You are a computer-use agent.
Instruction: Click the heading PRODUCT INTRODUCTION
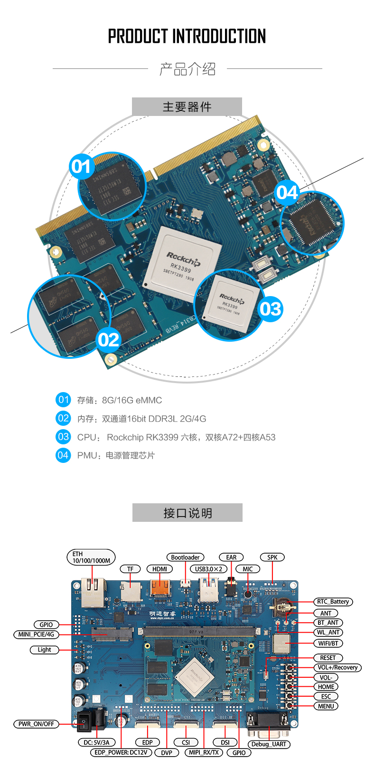(x=187, y=37)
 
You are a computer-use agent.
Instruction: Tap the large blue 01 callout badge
(x=81, y=166)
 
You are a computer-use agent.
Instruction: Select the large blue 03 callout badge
(x=270, y=309)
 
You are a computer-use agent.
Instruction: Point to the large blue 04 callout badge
(x=287, y=192)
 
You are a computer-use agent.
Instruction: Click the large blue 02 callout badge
(x=109, y=340)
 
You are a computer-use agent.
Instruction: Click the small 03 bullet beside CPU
(x=63, y=437)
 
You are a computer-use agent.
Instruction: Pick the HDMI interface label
(x=160, y=569)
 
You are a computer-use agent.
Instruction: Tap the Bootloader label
(x=185, y=557)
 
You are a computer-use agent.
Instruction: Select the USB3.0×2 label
(x=209, y=569)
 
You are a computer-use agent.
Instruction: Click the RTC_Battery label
(x=333, y=602)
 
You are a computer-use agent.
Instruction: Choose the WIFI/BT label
(x=328, y=644)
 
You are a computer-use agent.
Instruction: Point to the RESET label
(x=328, y=658)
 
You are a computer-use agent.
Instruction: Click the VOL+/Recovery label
(x=337, y=667)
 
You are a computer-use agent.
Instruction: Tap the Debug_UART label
(x=269, y=744)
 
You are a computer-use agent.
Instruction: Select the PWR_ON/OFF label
(x=36, y=724)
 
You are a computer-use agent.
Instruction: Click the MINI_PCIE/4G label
(x=36, y=634)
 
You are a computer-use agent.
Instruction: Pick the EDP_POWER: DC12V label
(x=122, y=752)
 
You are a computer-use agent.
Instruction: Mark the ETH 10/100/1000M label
(x=91, y=557)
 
